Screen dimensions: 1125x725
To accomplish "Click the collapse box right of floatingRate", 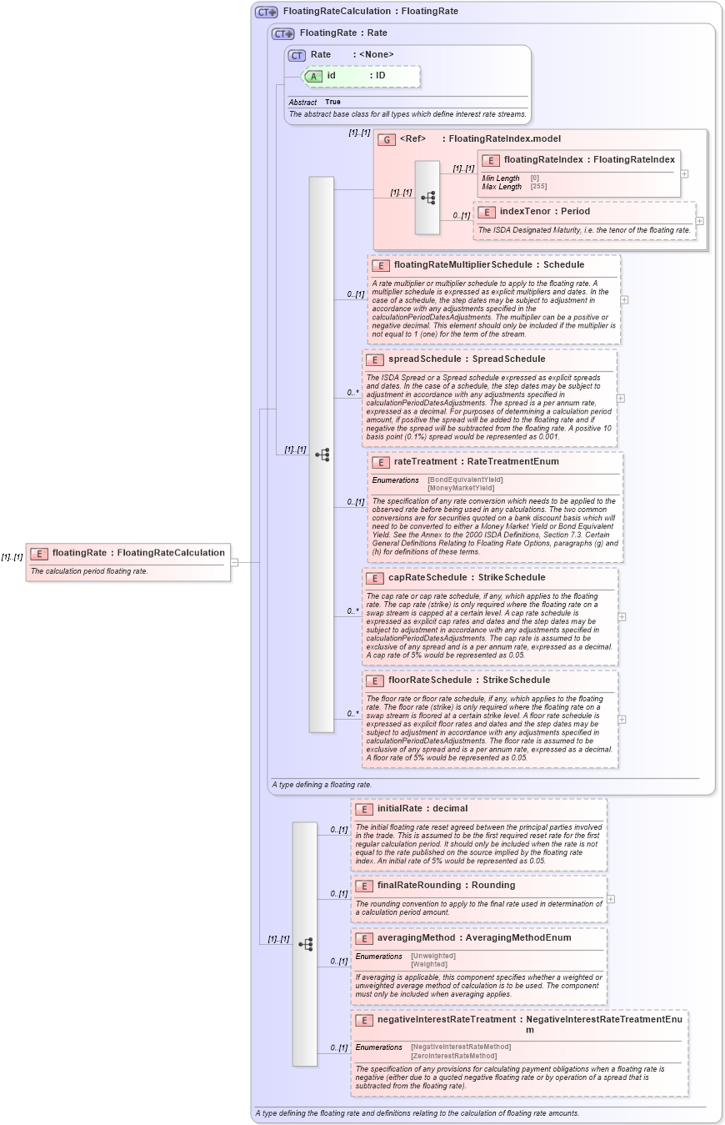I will tap(235, 562).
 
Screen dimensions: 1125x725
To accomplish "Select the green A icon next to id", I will tap(314, 76).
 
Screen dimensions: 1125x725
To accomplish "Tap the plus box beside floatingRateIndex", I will tap(684, 173).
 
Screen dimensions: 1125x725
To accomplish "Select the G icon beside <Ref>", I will tap(387, 139).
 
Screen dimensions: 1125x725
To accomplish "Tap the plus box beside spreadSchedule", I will tap(620, 399).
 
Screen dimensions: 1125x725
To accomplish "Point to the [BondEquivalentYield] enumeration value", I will tap(465, 480).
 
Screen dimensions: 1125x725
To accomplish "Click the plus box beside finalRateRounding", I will tap(611, 899).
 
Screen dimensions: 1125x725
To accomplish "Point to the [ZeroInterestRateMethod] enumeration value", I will tap(453, 1055).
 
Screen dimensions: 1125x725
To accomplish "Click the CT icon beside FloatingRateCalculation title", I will tap(266, 12).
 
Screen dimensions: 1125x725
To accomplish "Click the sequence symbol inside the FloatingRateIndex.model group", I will tap(427, 198).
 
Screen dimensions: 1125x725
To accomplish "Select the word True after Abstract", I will tap(332, 102).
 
